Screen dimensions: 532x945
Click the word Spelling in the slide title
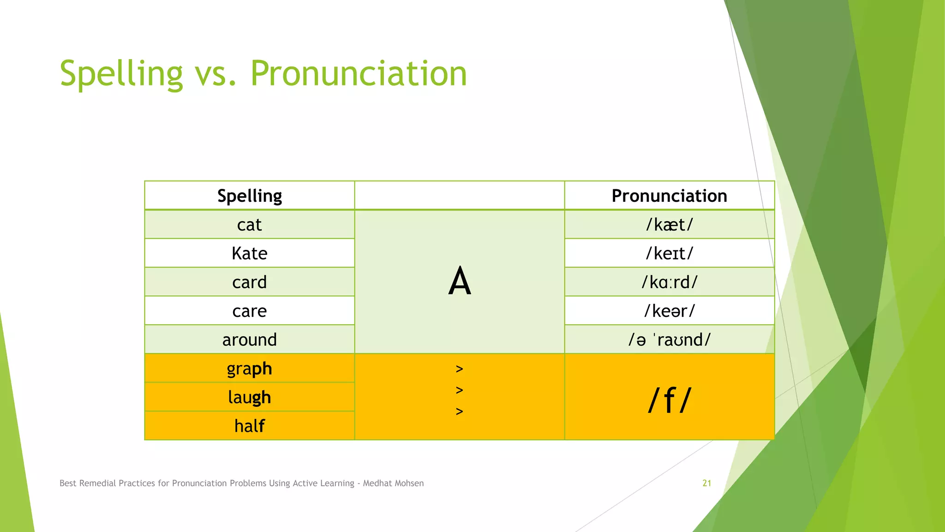(x=121, y=74)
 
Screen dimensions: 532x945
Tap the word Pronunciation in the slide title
(x=359, y=74)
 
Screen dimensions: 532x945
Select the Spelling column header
(x=250, y=196)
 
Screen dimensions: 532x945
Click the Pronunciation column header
(x=669, y=196)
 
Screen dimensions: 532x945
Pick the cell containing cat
(x=250, y=225)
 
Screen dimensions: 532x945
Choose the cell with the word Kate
(x=250, y=254)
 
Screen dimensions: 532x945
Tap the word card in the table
(x=250, y=282)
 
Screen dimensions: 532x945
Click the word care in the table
(x=250, y=311)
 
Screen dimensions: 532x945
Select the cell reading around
(x=250, y=340)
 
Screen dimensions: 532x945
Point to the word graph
(x=250, y=369)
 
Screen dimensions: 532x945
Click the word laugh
(x=250, y=397)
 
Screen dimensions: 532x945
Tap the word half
(x=250, y=426)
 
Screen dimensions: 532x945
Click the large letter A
(x=460, y=281)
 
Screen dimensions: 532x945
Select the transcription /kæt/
(x=669, y=225)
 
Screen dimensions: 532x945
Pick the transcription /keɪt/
(x=669, y=254)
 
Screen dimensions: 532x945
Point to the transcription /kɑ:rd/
(x=669, y=282)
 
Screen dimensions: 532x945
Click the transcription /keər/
(x=669, y=311)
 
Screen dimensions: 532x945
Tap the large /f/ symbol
(x=669, y=400)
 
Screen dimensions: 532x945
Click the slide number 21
(x=706, y=483)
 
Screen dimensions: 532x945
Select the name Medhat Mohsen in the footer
(x=393, y=483)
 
